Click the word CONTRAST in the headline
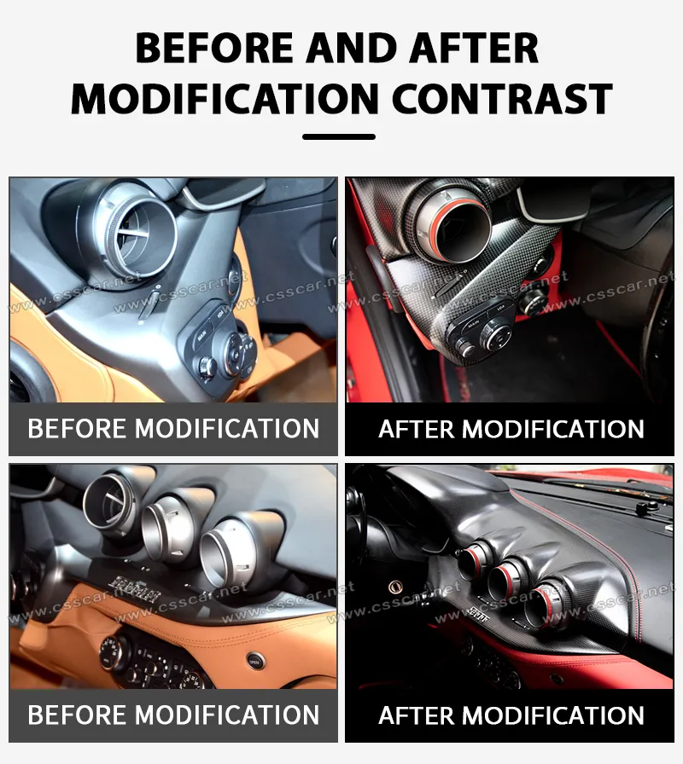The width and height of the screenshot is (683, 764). [x=502, y=98]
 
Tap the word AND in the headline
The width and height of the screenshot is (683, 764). [x=351, y=48]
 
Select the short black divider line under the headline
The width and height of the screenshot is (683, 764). [x=339, y=137]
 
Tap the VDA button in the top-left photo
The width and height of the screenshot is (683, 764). [x=219, y=314]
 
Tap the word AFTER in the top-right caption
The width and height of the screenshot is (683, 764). [x=416, y=429]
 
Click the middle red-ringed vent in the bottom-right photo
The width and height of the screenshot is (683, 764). [x=507, y=577]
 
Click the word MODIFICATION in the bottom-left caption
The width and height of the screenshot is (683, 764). [x=227, y=715]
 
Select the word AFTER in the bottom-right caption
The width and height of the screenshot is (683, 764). [x=416, y=715]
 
